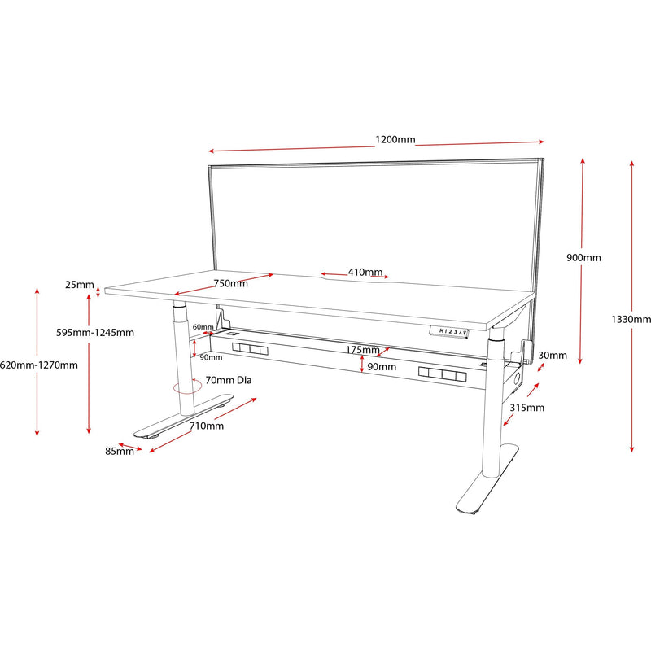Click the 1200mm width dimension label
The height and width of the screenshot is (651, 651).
pyautogui.click(x=395, y=139)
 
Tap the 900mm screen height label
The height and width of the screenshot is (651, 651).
pyautogui.click(x=583, y=258)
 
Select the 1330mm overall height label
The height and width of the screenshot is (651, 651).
pyautogui.click(x=631, y=320)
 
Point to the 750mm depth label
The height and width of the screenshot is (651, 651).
pyautogui.click(x=231, y=283)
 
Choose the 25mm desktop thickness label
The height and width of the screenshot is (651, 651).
pyautogui.click(x=80, y=285)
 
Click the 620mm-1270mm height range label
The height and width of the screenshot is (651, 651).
pyautogui.click(x=39, y=365)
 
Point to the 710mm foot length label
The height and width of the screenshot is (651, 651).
pyautogui.click(x=207, y=426)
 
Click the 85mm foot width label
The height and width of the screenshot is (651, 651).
pyautogui.click(x=119, y=452)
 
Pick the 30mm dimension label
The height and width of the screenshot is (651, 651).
pyautogui.click(x=553, y=355)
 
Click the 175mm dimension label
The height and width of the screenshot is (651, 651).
pyautogui.click(x=363, y=351)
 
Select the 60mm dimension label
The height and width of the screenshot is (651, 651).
pyautogui.click(x=203, y=327)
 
